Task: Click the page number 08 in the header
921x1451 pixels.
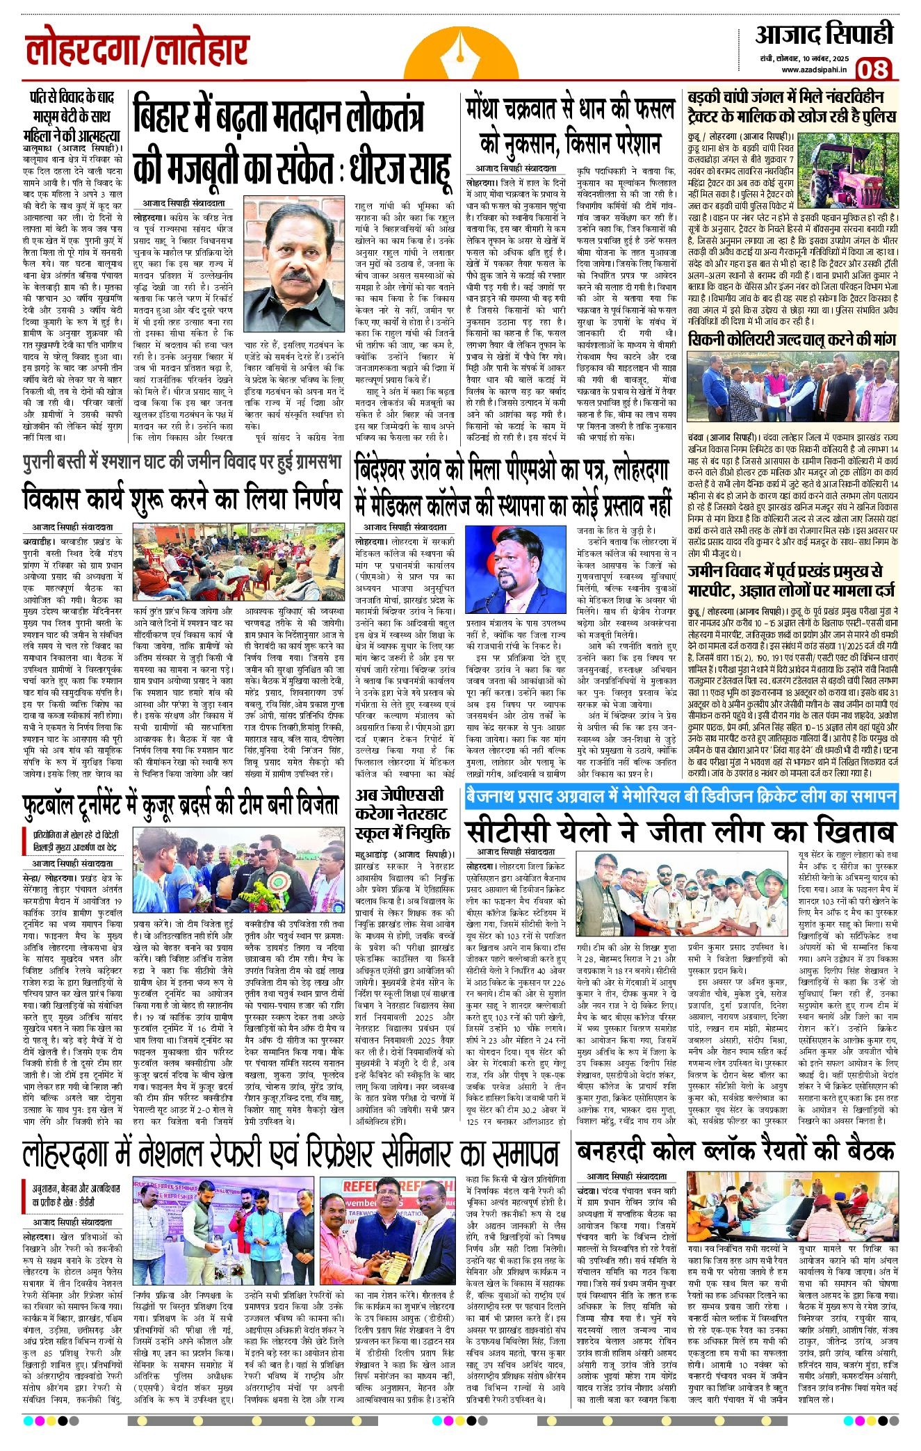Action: coord(873,68)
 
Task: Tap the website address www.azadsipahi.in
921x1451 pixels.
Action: coord(813,70)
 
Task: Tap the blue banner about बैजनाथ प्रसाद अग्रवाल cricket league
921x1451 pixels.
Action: coord(681,796)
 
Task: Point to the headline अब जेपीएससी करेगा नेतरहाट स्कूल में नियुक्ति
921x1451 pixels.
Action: coord(403,814)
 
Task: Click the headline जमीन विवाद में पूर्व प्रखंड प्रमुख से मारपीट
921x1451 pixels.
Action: coord(785,581)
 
